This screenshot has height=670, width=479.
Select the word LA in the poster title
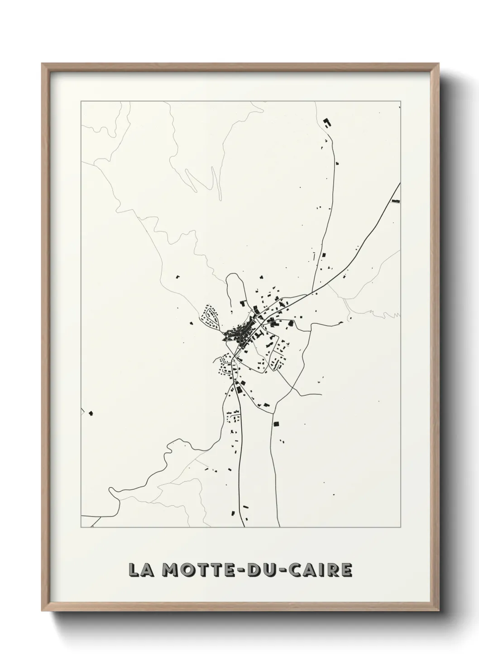point(140,570)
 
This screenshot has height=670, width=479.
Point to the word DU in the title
point(259,570)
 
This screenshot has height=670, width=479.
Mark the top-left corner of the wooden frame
point(42,64)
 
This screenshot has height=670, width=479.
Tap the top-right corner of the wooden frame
point(438,64)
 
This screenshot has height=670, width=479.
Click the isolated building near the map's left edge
point(91,413)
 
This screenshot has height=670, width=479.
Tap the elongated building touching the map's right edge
point(396,201)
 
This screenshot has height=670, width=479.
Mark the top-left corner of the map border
point(81,101)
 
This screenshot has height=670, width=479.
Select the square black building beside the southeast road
point(276,424)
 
